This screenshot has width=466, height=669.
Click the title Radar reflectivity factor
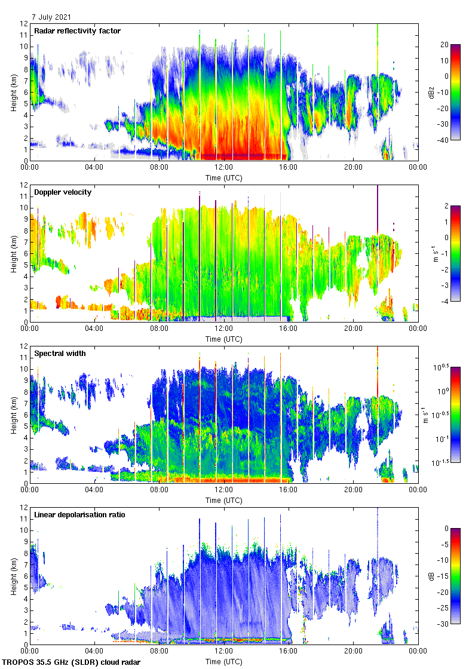click(78, 31)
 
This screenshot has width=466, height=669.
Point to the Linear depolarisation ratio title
click(79, 515)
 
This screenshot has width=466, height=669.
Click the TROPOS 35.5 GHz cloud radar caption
click(72, 662)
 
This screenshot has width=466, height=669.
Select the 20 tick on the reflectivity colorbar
click(444, 45)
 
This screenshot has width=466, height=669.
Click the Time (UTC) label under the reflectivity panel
click(223, 177)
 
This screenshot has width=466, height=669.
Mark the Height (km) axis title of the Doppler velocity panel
click(13, 253)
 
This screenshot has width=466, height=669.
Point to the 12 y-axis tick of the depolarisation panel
click(24, 507)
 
